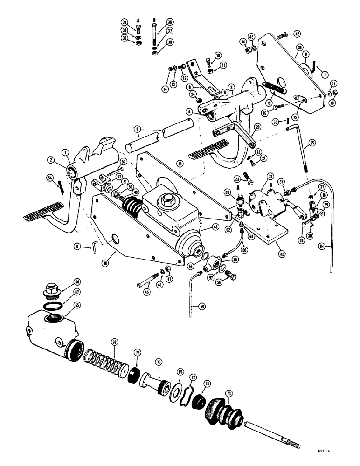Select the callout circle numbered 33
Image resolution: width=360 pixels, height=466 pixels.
coord(125,22)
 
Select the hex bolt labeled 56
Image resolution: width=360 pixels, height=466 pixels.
coord(228,282)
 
